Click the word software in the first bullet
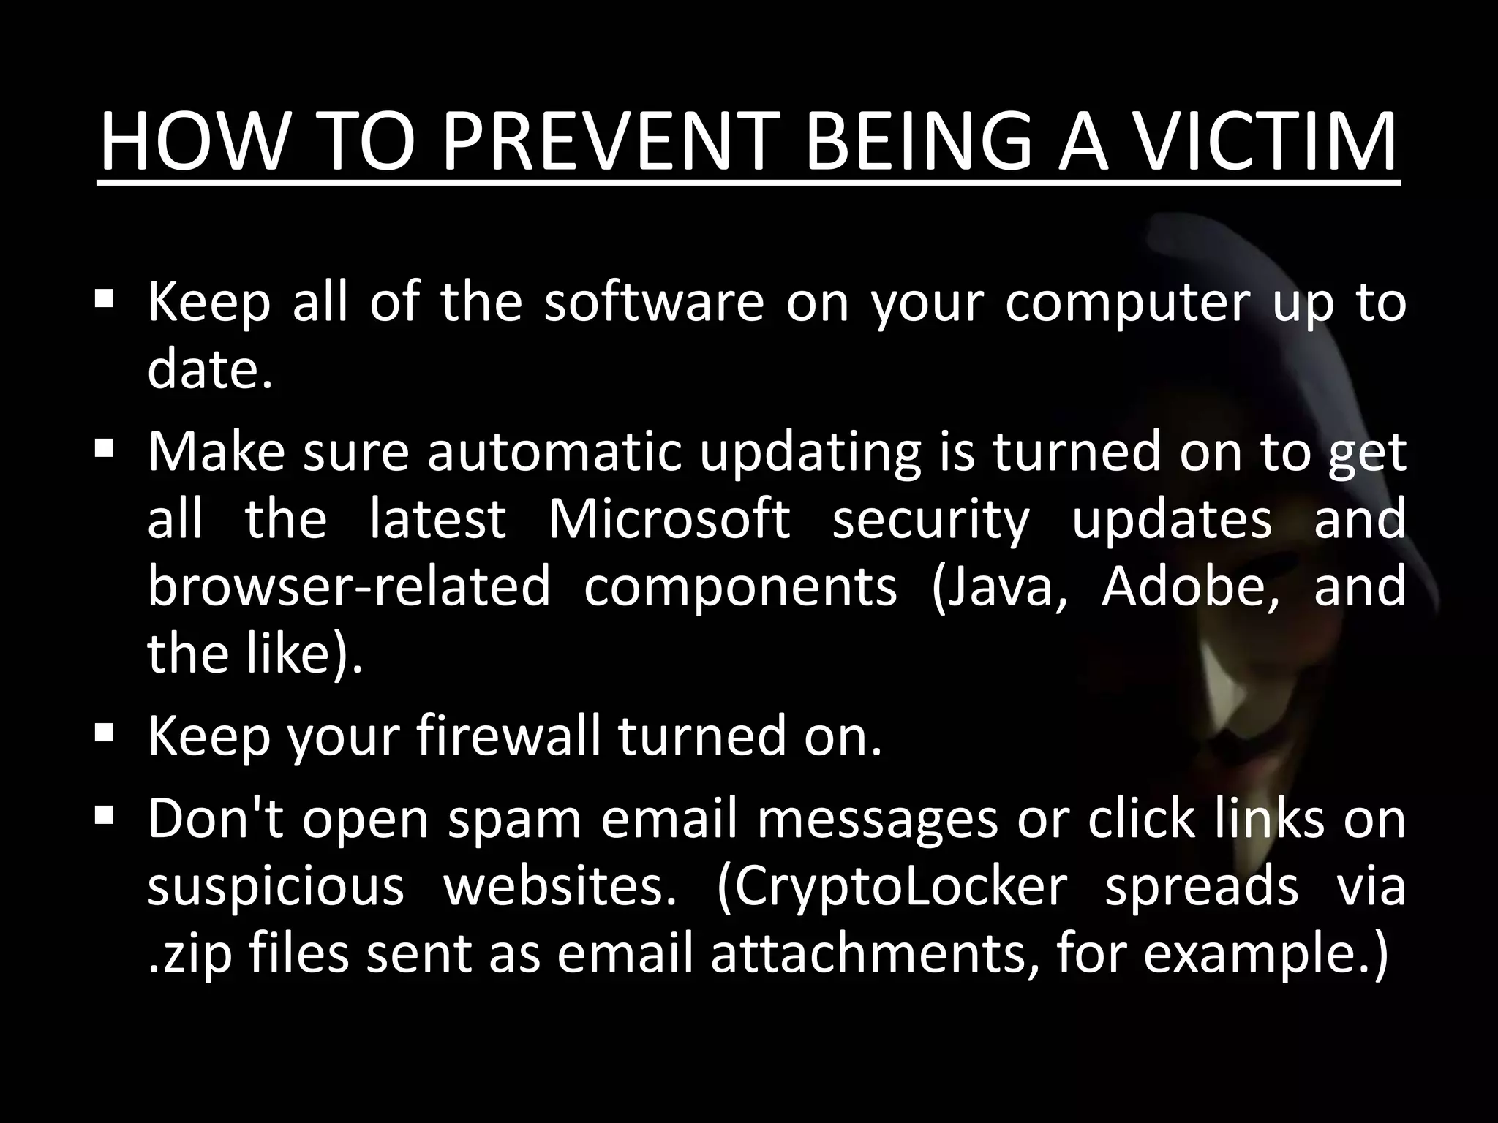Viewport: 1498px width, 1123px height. (x=654, y=302)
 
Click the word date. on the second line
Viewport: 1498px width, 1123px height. (x=210, y=368)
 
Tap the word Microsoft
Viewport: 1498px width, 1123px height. (x=669, y=518)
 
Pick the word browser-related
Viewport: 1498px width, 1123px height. (x=348, y=586)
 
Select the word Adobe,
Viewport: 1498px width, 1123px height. (x=1191, y=586)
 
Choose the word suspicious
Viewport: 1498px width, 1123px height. (x=276, y=888)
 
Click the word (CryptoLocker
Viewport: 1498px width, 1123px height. (x=892, y=888)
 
